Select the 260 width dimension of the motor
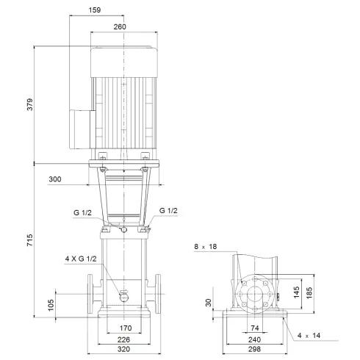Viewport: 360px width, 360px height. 120,26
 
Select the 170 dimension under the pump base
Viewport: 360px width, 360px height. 126,328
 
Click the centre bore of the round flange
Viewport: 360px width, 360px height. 255,295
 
